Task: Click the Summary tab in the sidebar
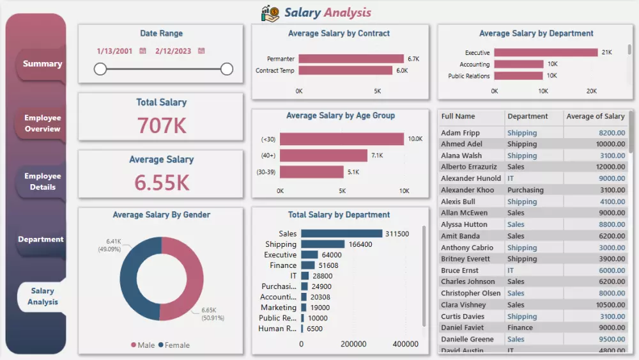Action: coord(42,64)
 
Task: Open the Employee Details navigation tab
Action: coord(42,182)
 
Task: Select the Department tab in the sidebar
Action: coord(41,239)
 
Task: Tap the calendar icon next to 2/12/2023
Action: coord(201,51)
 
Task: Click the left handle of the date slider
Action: coord(100,69)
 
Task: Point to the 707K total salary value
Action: coord(162,126)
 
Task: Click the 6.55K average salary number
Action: coord(162,183)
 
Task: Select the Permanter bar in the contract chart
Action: coord(351,59)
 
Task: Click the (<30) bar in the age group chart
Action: coord(342,139)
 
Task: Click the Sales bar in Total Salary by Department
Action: coord(341,234)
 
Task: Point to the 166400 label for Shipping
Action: coord(360,244)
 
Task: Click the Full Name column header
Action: coord(458,116)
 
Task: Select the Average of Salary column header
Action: coord(595,116)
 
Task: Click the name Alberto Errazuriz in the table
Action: coord(468,167)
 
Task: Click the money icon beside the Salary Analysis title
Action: coord(270,13)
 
